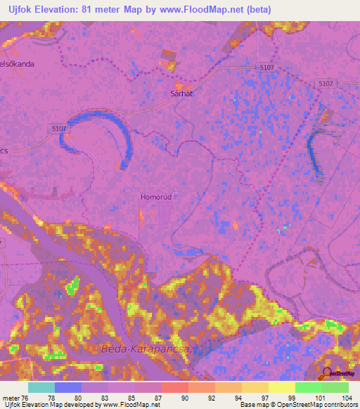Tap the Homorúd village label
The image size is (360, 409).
click(157, 197)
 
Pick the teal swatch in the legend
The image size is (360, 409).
click(41, 387)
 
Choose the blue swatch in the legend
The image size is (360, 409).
click(68, 387)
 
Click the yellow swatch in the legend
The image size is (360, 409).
click(282, 387)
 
